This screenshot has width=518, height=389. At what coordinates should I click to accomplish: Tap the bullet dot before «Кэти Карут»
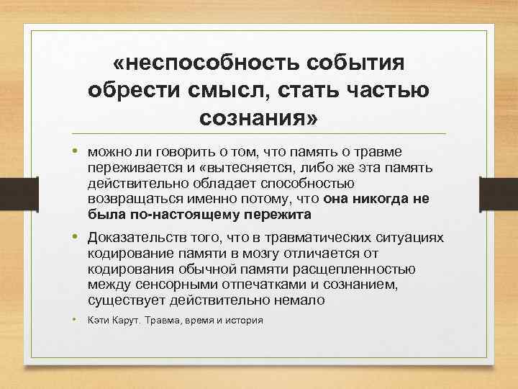coord(75,318)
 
